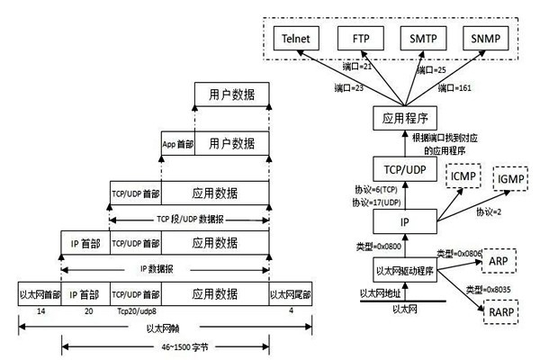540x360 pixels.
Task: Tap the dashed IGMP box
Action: pyautogui.click(x=508, y=181)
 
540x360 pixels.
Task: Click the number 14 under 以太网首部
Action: pyautogui.click(x=40, y=310)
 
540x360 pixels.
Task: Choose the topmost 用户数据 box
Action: pyautogui.click(x=231, y=94)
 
